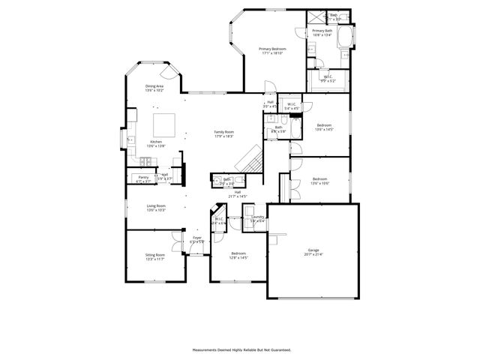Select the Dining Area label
pos(155,88)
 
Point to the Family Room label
pos(224,133)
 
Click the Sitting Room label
pos(155,257)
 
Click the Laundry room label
pos(257,219)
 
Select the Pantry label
pos(143,179)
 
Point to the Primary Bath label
pos(322,32)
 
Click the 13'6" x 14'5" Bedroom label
pos(323,127)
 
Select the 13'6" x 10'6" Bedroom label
pos(319,180)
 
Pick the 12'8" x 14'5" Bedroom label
pos(238,256)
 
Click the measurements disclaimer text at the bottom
pos(241,349)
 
